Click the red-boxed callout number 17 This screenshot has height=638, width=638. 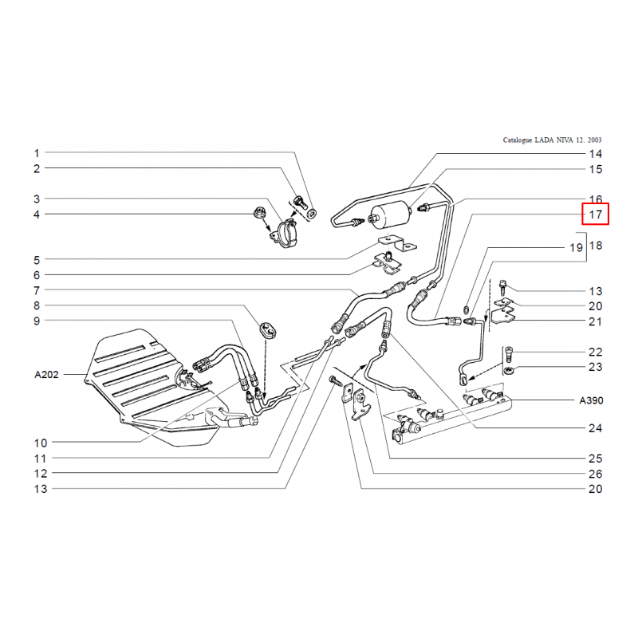pos(595,214)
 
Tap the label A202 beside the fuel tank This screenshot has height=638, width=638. pos(46,374)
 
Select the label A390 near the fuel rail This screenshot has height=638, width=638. pos(591,400)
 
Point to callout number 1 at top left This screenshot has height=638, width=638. pos(37,153)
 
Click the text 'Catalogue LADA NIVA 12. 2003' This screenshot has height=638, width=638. pos(552,140)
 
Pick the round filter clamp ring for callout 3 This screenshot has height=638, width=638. pos(286,234)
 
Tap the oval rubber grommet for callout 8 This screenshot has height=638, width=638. pos(268,329)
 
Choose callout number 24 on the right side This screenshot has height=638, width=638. pos(595,428)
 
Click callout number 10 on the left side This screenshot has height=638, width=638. pos(41,443)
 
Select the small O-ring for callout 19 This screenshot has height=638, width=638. pos(467,309)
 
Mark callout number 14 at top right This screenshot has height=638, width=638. pos(596,154)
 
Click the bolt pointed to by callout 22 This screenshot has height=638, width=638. pos(509,354)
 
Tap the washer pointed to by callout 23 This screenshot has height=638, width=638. pos(508,370)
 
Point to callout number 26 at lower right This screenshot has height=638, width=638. pos(595,474)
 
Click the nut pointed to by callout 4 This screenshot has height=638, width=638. pos(258,212)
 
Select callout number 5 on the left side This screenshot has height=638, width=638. pos(37,260)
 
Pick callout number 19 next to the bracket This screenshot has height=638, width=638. pos(576,247)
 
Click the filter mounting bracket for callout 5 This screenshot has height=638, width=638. pos(397,244)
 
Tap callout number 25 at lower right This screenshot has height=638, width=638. pos(595,459)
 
